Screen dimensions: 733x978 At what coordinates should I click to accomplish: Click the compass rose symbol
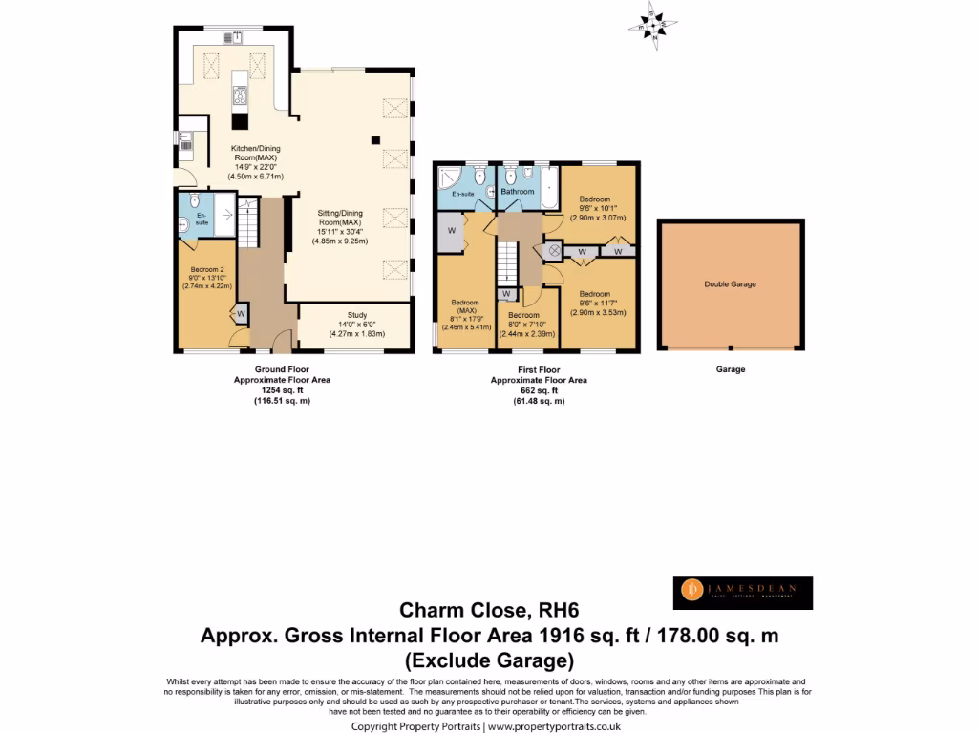[x=655, y=24]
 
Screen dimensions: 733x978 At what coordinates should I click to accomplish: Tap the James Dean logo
[x=742, y=593]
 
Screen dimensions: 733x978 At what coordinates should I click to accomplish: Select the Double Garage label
[x=731, y=283]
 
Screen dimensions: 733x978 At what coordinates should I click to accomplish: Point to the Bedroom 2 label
[x=206, y=270]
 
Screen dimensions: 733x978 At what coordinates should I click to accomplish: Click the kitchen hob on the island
[x=238, y=95]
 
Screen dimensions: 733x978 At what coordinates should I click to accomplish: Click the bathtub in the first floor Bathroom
[x=548, y=187]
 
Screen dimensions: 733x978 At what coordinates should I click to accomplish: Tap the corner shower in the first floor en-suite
[x=449, y=177]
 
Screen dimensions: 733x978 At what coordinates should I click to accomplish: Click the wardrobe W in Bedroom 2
[x=242, y=313]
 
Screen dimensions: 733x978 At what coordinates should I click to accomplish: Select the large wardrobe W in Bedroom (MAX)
[x=450, y=230]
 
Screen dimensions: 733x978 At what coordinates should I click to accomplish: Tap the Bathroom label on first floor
[x=518, y=192]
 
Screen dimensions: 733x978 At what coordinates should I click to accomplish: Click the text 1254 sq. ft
[x=282, y=389]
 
